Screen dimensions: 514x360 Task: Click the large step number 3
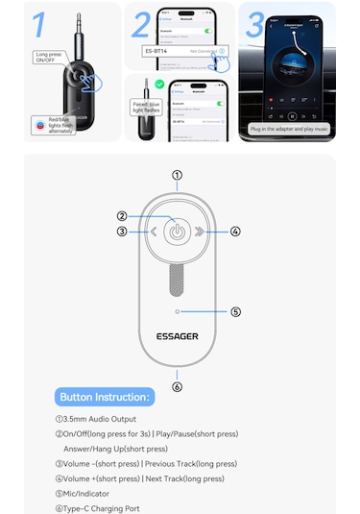pyautogui.click(x=253, y=23)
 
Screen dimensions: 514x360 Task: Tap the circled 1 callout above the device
pyautogui.click(x=177, y=175)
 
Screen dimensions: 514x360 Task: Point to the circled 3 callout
pyautogui.click(x=122, y=232)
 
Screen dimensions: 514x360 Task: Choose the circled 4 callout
pyautogui.click(x=234, y=232)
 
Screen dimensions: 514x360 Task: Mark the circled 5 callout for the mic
pyautogui.click(x=235, y=311)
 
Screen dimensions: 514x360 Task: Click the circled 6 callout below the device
pyautogui.click(x=177, y=387)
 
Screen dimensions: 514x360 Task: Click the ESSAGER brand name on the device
pyautogui.click(x=177, y=337)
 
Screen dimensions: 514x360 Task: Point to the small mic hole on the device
pyautogui.click(x=177, y=311)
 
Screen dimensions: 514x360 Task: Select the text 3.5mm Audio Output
pyautogui.click(x=96, y=419)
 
